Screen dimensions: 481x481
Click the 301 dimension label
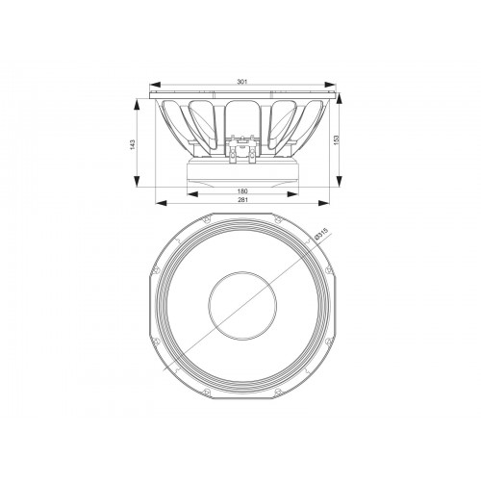point(242,82)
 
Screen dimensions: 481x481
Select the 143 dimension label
point(133,144)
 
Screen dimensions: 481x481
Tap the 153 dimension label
point(336,140)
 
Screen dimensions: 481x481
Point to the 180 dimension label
point(242,191)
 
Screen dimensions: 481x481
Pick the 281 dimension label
point(242,199)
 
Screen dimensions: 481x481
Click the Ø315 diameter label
point(321,234)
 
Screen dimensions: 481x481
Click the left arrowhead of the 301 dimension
point(155,85)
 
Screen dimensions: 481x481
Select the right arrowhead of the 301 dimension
point(330,85)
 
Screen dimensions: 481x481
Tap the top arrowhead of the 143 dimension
point(137,105)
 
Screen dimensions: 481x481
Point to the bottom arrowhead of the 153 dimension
point(340,180)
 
